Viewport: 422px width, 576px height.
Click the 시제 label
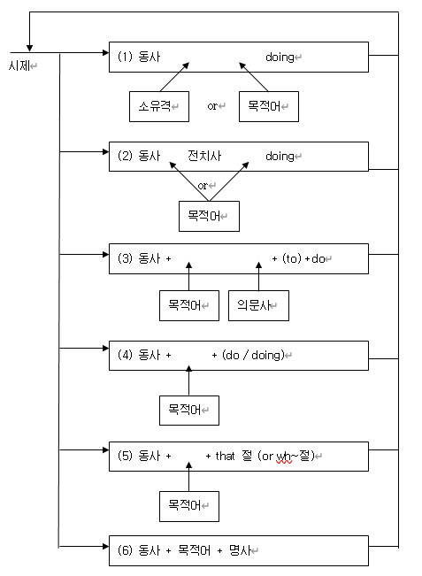[19, 65]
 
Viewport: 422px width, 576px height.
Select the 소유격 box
[159, 106]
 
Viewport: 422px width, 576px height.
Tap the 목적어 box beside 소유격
[269, 106]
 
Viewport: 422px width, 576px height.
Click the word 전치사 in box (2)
[204, 156]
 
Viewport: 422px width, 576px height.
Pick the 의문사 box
[258, 305]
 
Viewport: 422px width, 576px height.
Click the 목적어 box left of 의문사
[189, 305]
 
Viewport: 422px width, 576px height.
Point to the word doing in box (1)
[280, 58]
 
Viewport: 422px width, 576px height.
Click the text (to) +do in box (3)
[303, 258]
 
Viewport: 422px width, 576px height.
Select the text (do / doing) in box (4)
[253, 355]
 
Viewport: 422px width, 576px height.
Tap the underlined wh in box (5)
[283, 456]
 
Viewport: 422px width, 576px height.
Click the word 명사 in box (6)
[241, 550]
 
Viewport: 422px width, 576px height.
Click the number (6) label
[125, 550]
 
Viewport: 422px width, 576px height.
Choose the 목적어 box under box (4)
[189, 411]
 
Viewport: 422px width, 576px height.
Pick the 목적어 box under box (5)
[189, 506]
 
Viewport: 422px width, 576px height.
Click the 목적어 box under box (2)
[209, 216]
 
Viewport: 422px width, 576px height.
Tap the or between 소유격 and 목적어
[212, 106]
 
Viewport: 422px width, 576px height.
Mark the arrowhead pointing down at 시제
[29, 48]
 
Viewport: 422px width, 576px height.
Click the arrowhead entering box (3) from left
[106, 254]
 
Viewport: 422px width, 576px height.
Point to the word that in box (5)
[225, 456]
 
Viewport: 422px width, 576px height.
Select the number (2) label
[125, 156]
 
